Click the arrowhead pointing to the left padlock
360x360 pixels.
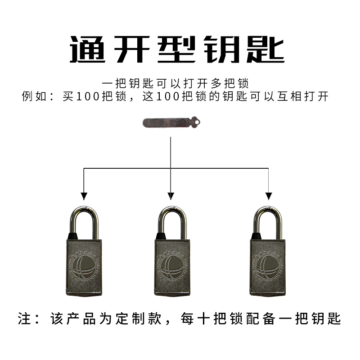pos(84,196)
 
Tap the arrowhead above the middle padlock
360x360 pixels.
pos(170,196)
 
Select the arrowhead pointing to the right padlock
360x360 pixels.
pos(269,196)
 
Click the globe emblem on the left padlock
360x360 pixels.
pos(85,267)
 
